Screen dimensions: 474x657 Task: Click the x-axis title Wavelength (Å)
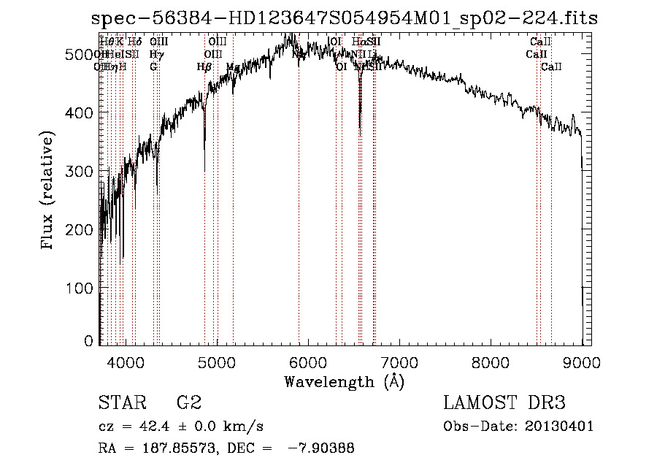[x=344, y=381]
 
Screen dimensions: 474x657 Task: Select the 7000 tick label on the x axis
[x=399, y=362]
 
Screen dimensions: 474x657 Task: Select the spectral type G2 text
[x=189, y=403]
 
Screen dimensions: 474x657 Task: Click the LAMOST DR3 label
[x=504, y=403]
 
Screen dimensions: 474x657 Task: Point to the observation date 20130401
[x=563, y=427]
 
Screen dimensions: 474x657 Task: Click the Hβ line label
[x=204, y=67]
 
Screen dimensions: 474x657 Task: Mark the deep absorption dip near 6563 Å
[x=359, y=128]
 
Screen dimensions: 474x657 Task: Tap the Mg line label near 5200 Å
[x=232, y=67]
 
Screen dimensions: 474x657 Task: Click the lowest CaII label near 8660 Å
[x=551, y=67]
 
